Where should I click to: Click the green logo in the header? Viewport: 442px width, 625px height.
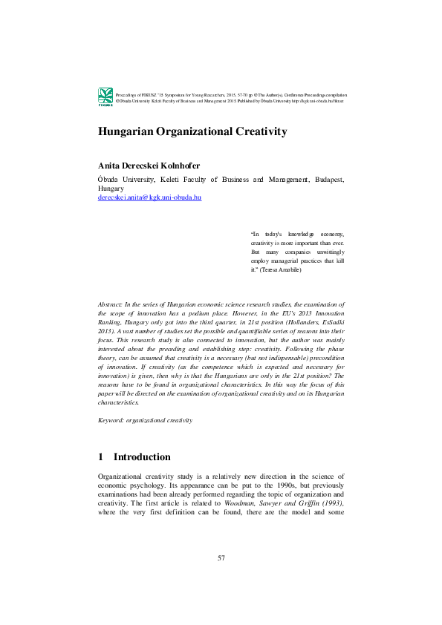click(x=105, y=96)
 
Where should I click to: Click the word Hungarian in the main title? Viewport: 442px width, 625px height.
click(x=129, y=131)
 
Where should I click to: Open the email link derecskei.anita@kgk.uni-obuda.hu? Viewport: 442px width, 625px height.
click(x=149, y=198)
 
